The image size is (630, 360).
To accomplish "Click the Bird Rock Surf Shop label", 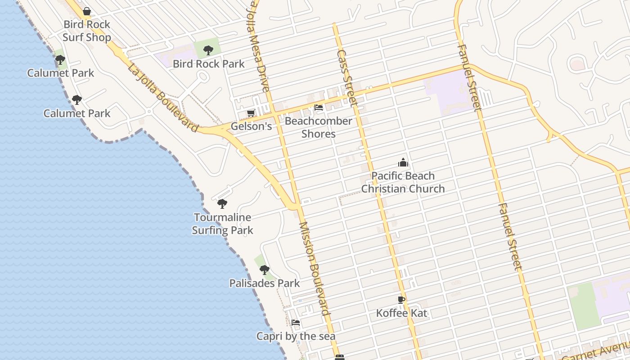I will pos(87,31).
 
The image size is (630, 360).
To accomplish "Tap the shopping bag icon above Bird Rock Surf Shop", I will pos(87,11).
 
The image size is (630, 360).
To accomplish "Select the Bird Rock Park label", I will pos(209,63).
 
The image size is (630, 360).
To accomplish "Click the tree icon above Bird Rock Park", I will pos(208,50).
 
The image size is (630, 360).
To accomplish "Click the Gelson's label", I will pos(251,126).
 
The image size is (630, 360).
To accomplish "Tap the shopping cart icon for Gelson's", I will pos(251,113).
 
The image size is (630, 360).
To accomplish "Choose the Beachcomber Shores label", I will pos(319,127).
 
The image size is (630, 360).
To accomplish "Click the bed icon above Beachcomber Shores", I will pos(319,108).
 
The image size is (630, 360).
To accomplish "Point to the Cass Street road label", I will pos(347,78).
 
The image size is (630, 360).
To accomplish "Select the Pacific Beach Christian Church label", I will pos(403,182).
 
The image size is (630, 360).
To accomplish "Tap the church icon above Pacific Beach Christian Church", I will pos(403,162).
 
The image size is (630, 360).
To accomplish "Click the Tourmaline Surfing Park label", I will pos(223,224).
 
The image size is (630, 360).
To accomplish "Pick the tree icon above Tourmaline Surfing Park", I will pos(222,204).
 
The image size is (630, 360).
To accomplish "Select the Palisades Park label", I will pos(265,283).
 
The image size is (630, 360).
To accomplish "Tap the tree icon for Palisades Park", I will pos(265,270).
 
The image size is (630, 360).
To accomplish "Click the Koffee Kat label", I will pos(401,313).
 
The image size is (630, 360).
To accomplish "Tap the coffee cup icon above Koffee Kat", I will pos(401,300).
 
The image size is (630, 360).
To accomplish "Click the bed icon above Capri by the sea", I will pos(296,323).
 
